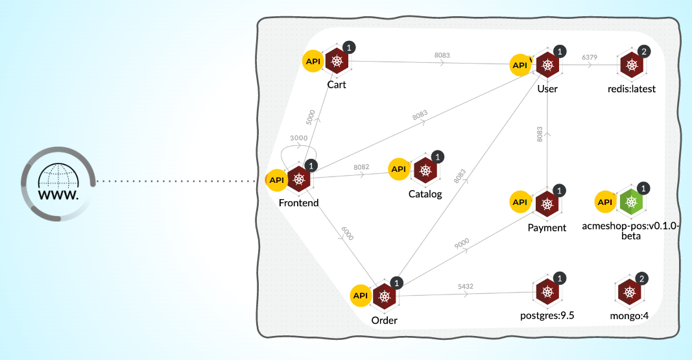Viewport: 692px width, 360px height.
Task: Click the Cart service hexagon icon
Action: (337, 62)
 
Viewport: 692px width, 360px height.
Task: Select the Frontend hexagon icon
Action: (298, 180)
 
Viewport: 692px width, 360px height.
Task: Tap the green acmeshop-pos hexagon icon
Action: (630, 202)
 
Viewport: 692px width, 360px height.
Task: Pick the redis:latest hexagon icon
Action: (631, 65)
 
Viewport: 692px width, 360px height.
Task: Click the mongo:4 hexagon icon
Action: (629, 293)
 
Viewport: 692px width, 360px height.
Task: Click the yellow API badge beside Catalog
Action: (399, 169)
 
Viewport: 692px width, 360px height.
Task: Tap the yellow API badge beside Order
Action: (360, 295)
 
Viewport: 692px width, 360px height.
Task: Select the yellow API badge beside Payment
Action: (520, 202)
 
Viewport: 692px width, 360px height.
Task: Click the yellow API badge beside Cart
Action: (313, 61)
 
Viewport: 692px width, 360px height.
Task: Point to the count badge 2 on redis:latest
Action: (643, 51)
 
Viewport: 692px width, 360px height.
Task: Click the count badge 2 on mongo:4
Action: (641, 279)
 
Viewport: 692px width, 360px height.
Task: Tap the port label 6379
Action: (590, 58)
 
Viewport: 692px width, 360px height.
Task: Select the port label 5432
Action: (466, 285)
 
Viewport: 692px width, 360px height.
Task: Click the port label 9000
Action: (462, 243)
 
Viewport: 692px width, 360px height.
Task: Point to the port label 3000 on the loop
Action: (299, 138)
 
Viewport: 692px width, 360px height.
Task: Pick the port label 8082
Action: (361, 167)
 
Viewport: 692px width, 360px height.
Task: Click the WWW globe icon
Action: (58, 182)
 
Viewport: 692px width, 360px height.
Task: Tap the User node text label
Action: (547, 89)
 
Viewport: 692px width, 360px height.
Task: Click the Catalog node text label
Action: (425, 194)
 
